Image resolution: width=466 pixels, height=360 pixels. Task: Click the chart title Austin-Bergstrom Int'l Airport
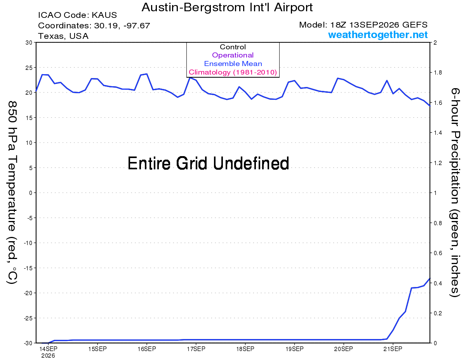pos(227,7)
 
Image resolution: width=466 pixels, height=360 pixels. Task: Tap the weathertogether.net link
pos(378,35)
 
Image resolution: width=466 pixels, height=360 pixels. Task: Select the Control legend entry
pos(233,47)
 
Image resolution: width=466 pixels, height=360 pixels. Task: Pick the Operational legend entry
pos(233,55)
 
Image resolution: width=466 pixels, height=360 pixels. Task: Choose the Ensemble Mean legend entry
pos(233,64)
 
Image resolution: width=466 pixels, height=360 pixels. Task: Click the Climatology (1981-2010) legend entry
pos(233,72)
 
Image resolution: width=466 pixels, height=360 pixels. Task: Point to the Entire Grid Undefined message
pos(208,163)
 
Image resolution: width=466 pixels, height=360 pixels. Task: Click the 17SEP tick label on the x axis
pos(196,349)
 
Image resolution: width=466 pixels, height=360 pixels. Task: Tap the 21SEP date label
pos(393,349)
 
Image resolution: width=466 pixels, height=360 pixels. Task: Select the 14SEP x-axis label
pos(48,349)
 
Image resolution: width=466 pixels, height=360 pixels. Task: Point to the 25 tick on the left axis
pos(29,68)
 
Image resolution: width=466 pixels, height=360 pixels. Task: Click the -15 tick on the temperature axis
pos(28,268)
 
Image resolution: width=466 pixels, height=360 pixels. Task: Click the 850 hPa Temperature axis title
pos(12,193)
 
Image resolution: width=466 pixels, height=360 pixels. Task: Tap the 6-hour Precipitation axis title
pos(455,192)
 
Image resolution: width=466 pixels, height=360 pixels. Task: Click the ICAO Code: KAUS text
pos(77,15)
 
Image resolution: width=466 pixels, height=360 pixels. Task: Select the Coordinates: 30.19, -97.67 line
pos(94,26)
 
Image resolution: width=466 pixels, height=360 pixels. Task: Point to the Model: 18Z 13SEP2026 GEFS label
pos(363,25)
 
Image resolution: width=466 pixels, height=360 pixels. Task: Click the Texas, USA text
pos(63,36)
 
